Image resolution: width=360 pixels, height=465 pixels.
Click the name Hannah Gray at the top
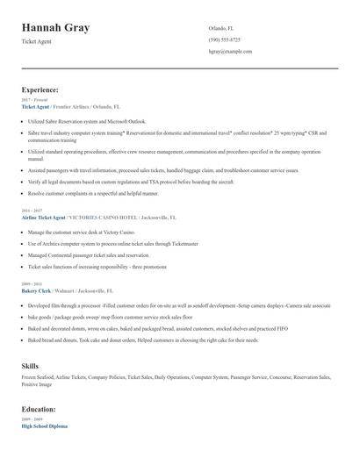58,27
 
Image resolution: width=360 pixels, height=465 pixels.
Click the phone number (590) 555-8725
224,40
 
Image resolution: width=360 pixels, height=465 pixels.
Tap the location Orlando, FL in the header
222,28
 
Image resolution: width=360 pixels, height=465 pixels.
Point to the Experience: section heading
40,89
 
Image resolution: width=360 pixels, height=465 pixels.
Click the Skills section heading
31,364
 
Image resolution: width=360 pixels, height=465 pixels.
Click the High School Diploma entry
45,426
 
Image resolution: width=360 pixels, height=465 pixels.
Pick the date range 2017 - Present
34,101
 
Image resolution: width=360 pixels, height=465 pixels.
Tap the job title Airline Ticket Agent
44,216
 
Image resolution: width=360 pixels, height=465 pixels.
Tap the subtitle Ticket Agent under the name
36,42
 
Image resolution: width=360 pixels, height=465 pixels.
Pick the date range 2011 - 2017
31,211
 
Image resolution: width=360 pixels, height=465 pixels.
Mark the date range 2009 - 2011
31,283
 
